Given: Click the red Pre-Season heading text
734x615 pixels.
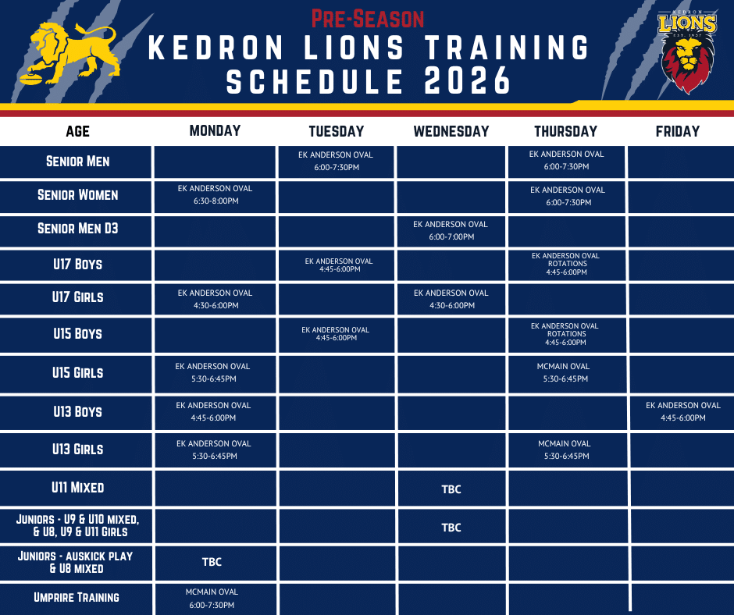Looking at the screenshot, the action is (x=368, y=20).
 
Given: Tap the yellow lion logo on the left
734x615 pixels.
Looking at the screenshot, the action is (x=69, y=53).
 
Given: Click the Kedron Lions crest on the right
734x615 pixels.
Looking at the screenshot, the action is (x=687, y=52).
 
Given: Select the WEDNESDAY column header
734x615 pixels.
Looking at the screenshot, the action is (x=451, y=132).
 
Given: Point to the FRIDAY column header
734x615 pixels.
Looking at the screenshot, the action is (x=677, y=132).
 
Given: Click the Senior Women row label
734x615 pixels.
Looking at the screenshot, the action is (x=78, y=194).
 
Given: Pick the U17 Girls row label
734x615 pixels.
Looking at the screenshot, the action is (x=78, y=297).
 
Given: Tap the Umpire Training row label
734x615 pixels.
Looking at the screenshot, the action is (x=77, y=597).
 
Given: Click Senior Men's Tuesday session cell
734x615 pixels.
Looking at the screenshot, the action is (x=336, y=162).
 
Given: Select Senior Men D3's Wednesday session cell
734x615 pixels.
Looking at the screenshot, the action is (x=451, y=231).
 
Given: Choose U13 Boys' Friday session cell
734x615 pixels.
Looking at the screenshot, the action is (x=682, y=412).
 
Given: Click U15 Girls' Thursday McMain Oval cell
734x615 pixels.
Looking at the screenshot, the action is (x=566, y=374).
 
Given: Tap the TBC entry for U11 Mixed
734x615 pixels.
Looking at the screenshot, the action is (x=451, y=489).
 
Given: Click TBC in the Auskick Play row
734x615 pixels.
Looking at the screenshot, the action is (x=212, y=562).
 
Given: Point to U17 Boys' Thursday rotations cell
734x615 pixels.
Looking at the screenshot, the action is (x=566, y=265).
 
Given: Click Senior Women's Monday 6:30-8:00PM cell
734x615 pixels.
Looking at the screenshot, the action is (x=215, y=196).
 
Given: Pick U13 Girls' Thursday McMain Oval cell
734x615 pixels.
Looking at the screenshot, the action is (x=566, y=450).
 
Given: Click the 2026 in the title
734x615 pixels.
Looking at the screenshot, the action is (x=467, y=80).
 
